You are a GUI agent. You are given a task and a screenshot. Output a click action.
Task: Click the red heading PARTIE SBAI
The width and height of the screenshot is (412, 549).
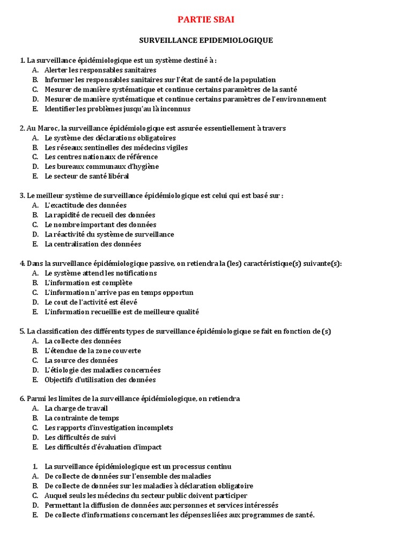point(206,20)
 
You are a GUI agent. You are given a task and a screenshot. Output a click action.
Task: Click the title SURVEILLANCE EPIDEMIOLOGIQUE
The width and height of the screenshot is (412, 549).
point(206,40)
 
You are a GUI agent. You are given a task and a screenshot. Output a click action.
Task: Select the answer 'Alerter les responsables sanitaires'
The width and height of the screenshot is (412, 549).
point(100,70)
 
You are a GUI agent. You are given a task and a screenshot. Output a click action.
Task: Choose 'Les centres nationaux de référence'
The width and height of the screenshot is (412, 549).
point(101,157)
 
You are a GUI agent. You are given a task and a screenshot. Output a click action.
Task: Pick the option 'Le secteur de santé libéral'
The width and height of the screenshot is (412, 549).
point(87,176)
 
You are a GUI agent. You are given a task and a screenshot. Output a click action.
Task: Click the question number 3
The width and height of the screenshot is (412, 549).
point(22,196)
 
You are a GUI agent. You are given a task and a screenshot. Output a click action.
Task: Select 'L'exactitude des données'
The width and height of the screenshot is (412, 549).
point(85,205)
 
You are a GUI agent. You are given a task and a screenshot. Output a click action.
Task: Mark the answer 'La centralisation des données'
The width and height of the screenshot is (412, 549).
point(93,244)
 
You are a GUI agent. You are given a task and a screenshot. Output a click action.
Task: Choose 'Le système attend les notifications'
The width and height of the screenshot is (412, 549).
point(100,273)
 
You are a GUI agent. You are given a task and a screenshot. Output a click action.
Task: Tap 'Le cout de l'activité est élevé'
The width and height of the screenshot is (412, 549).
point(91,302)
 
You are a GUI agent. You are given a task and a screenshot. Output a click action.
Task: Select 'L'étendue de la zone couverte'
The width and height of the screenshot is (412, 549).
point(93,351)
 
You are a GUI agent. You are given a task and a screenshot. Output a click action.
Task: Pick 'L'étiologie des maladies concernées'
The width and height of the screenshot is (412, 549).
point(102,370)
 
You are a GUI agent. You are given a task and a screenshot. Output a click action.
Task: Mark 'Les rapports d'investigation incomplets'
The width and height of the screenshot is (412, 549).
point(109,428)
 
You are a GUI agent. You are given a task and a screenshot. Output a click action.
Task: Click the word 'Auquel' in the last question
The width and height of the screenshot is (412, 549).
point(55,495)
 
